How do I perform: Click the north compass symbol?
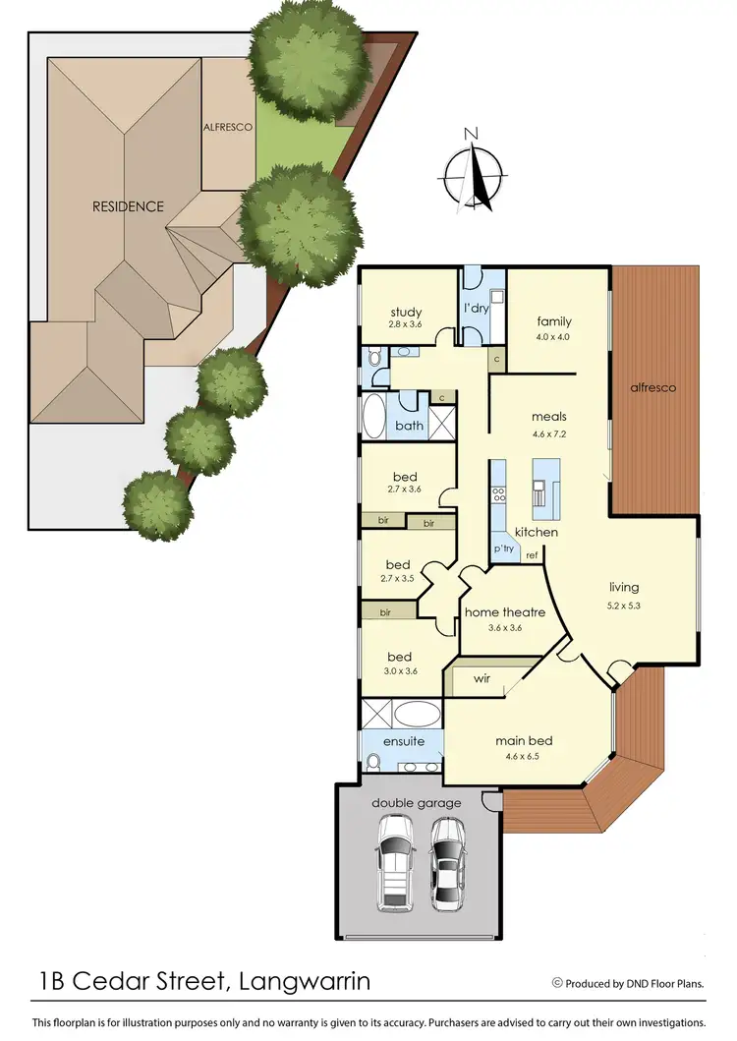pyautogui.click(x=472, y=173)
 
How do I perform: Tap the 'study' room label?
pyautogui.click(x=405, y=314)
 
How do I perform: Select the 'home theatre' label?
pyautogui.click(x=504, y=612)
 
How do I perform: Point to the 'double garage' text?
pyautogui.click(x=416, y=803)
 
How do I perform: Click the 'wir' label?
pyautogui.click(x=482, y=678)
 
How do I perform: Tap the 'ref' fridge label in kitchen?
pyautogui.click(x=532, y=556)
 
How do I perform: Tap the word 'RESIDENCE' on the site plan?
pyautogui.click(x=128, y=206)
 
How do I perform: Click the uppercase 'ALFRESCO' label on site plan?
pyautogui.click(x=228, y=128)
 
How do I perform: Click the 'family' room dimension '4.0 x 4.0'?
pyautogui.click(x=553, y=337)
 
